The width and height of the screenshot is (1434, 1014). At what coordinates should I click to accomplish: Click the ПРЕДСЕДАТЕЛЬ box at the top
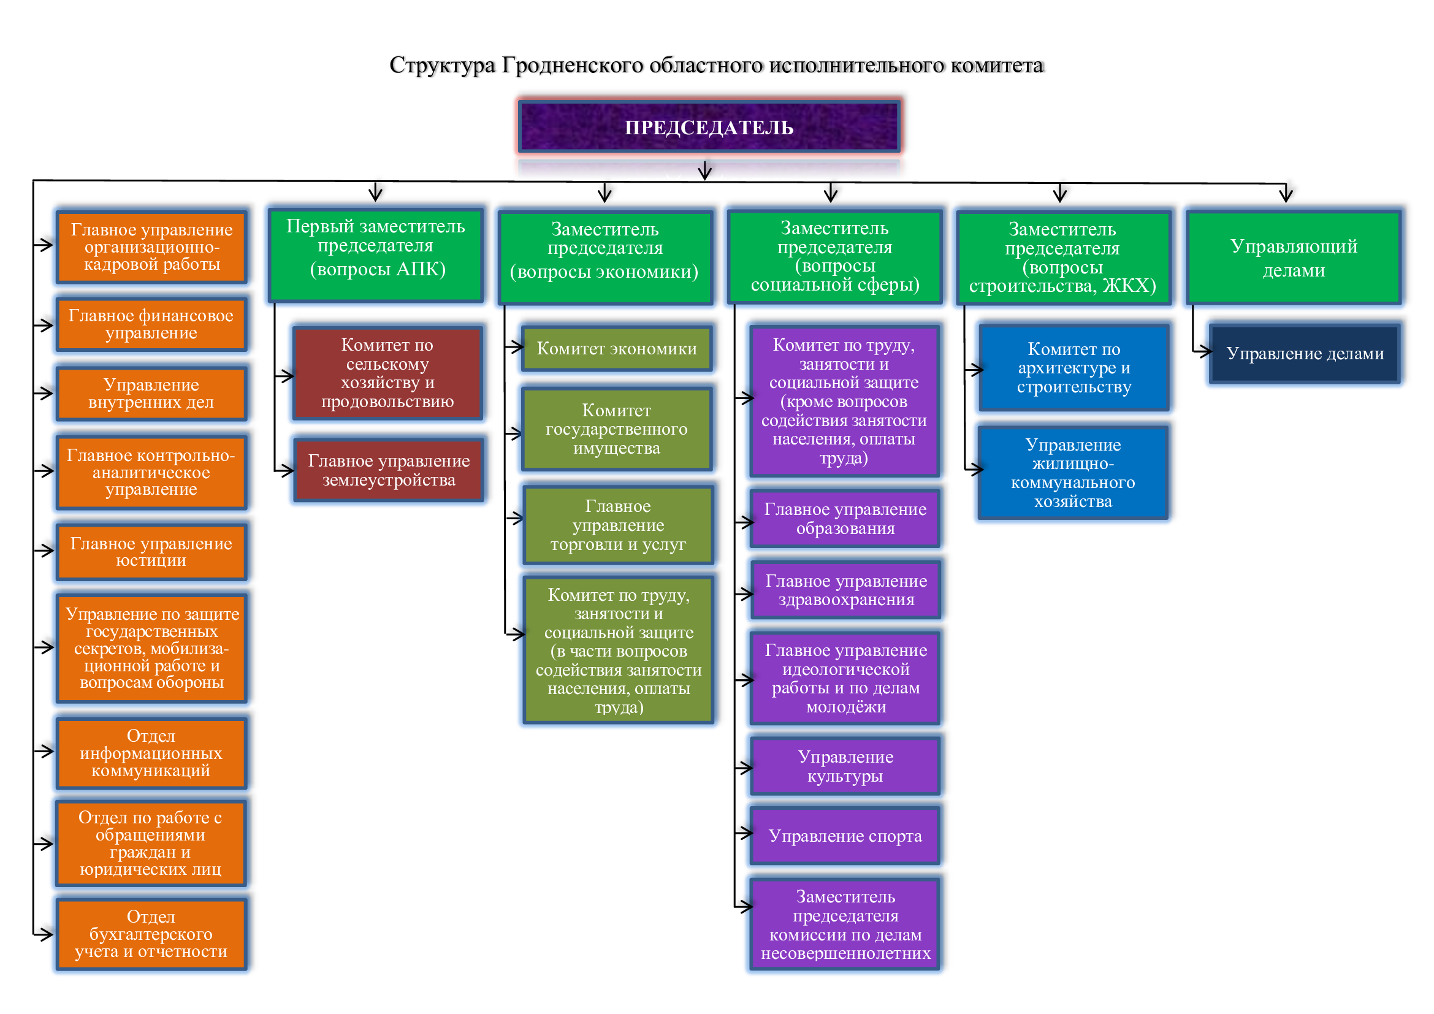pos(709,127)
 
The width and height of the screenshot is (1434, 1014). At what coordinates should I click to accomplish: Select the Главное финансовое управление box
pos(151,325)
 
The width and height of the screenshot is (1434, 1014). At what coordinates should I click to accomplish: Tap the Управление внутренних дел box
pos(151,394)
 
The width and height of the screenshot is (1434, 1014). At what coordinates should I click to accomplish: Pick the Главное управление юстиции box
pos(151,552)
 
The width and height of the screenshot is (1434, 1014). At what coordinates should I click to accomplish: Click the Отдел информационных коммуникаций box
pos(151,753)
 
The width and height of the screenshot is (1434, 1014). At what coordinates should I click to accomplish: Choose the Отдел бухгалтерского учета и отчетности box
pos(151,934)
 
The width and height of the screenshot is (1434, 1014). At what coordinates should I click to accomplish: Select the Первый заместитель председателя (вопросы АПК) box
pos(375,255)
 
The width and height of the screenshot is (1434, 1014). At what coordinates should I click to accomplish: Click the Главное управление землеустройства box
pos(389,471)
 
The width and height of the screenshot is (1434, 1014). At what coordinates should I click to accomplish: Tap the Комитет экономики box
pos(616,348)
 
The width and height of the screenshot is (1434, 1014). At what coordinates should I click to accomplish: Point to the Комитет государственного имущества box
pos(616,429)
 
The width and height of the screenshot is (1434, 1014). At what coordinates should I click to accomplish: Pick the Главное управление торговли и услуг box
pos(618,525)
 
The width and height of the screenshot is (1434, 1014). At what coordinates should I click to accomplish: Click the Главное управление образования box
pos(845,519)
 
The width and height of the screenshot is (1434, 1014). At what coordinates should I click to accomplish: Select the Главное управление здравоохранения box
pos(845,590)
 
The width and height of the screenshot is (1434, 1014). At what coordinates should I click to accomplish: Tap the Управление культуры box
pos(845,766)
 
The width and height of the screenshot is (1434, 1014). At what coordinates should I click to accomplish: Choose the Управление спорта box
pos(845,836)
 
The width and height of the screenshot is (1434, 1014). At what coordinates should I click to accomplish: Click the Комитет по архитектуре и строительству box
pos(1074,368)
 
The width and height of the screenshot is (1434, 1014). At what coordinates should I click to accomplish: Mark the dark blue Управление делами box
pos(1305,353)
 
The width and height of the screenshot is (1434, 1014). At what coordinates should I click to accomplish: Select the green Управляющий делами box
pos(1294,258)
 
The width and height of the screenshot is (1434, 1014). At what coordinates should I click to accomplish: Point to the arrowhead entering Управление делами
pos(1207,352)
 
